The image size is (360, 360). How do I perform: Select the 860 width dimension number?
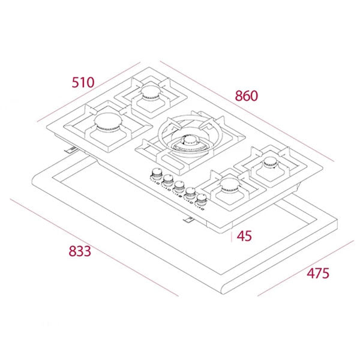(246, 95)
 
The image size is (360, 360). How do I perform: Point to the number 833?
(79, 251)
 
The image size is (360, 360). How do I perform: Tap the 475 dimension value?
(318, 273)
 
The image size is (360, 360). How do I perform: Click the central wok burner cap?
(185, 142)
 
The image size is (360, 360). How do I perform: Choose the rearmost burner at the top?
(151, 91)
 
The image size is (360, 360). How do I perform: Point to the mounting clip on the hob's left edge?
(71, 149)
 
